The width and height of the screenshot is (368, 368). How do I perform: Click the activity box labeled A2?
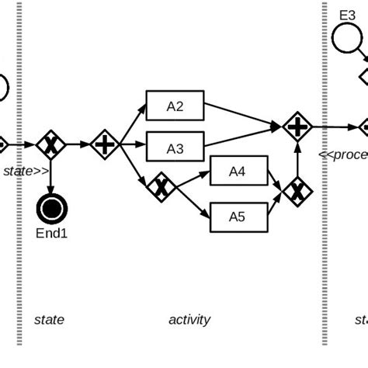175,106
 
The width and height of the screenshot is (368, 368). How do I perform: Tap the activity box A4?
239,172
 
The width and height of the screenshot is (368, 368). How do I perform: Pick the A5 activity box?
239,217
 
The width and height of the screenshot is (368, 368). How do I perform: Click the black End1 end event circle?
52,208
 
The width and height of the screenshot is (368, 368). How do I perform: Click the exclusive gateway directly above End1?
52,144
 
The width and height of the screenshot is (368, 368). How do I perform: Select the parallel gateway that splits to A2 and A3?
103,144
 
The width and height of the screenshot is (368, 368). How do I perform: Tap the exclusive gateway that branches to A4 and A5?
159,187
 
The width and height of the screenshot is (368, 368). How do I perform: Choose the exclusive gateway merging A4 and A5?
297,190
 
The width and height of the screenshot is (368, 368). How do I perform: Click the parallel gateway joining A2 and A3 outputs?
297,126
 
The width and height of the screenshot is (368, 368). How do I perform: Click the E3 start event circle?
346,38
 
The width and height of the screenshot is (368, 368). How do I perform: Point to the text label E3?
347,14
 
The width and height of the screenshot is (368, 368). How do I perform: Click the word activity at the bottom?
189,319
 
